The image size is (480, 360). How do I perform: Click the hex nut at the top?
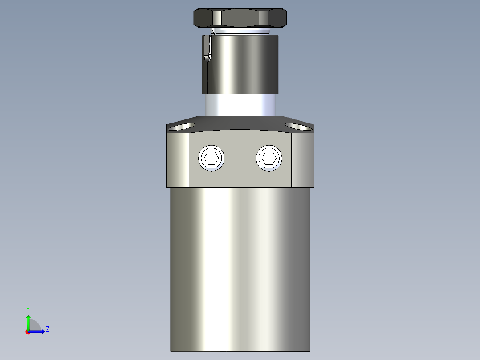pyautogui.click(x=240, y=18)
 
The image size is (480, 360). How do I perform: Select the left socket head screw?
pyautogui.click(x=211, y=158)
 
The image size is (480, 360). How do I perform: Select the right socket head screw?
pyautogui.click(x=269, y=158)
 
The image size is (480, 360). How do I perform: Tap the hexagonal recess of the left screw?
pyautogui.click(x=211, y=158)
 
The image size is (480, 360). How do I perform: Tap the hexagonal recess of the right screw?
pyautogui.click(x=269, y=158)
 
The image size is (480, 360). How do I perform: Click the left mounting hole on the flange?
pyautogui.click(x=182, y=127)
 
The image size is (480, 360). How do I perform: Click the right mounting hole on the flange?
pyautogui.click(x=298, y=127)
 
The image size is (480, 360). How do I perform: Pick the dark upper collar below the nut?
pyautogui.click(x=243, y=65)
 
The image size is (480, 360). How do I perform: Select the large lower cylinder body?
pyautogui.click(x=240, y=267)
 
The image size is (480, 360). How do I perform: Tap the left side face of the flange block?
pyautogui.click(x=178, y=160)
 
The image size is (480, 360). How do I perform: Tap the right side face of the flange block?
pyautogui.click(x=302, y=160)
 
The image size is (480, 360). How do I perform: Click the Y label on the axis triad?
pyautogui.click(x=28, y=309)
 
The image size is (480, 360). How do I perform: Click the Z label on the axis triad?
pyautogui.click(x=48, y=330)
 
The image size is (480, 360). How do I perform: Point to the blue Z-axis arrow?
pyautogui.click(x=38, y=331)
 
